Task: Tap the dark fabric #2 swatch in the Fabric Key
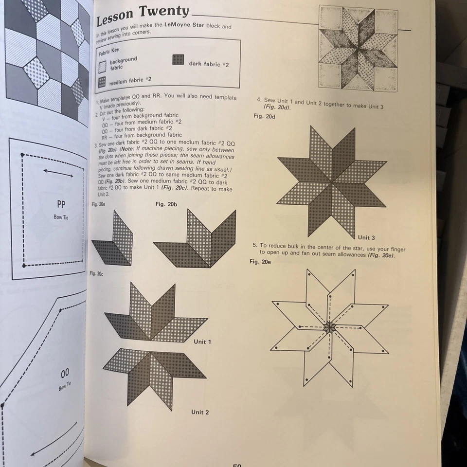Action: pyautogui.click(x=179, y=60)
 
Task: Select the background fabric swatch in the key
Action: pyautogui.click(x=102, y=67)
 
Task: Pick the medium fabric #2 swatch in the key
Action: pyautogui.click(x=102, y=82)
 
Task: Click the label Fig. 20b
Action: pyautogui.click(x=166, y=204)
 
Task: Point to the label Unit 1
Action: pyautogui.click(x=202, y=341)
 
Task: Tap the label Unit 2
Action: pyautogui.click(x=200, y=412)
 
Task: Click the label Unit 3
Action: pyautogui.click(x=366, y=237)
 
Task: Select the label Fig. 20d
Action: pyautogui.click(x=264, y=117)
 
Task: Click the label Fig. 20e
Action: pyautogui.click(x=260, y=262)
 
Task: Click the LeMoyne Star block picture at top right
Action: pyautogui.click(x=358, y=49)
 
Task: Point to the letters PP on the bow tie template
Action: pyautogui.click(x=61, y=204)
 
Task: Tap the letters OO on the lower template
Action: pyautogui.click(x=65, y=374)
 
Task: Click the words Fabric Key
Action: pyautogui.click(x=109, y=51)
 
